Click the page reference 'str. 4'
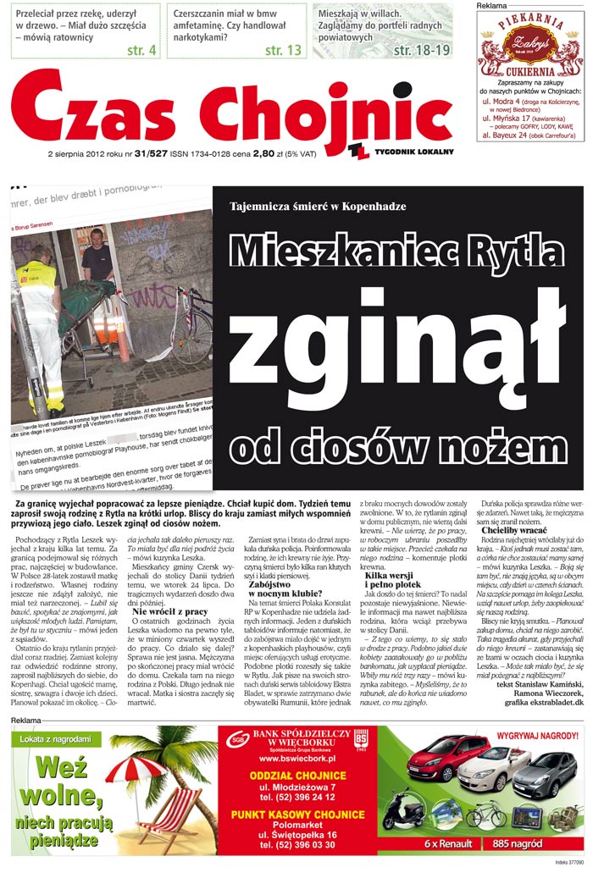tap(141, 50)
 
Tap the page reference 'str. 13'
tap(283, 50)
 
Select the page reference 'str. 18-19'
tap(421, 50)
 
